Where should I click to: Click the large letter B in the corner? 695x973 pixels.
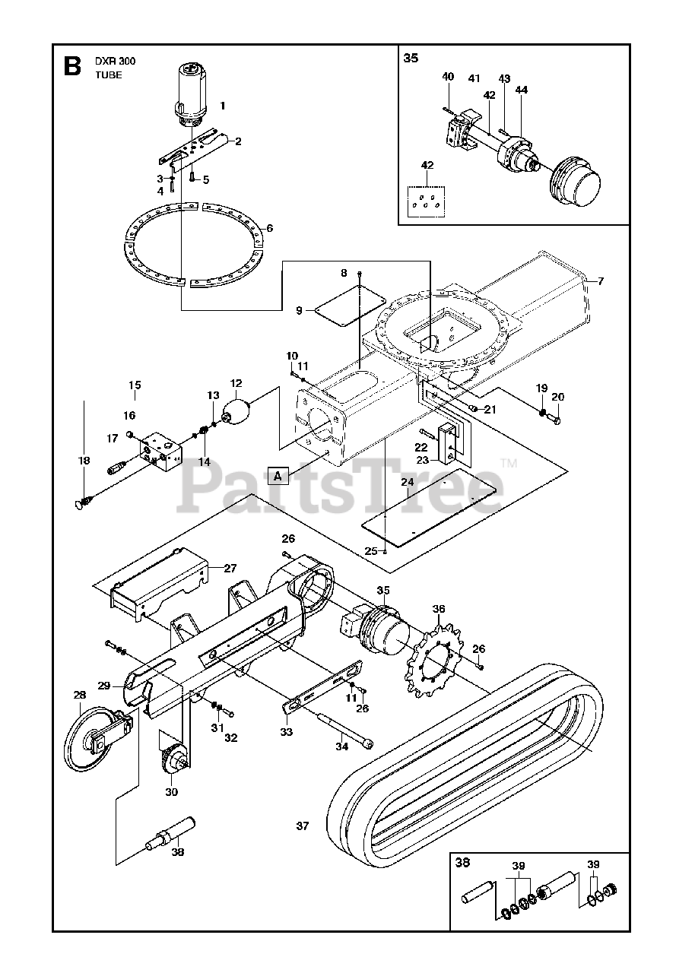pos(71,66)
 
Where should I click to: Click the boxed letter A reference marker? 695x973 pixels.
pos(279,476)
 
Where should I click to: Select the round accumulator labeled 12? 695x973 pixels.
pos(236,414)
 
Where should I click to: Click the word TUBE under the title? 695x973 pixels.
pos(109,75)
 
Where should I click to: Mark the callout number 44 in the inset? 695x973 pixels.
pos(521,90)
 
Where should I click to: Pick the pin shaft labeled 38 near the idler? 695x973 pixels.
pos(170,832)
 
